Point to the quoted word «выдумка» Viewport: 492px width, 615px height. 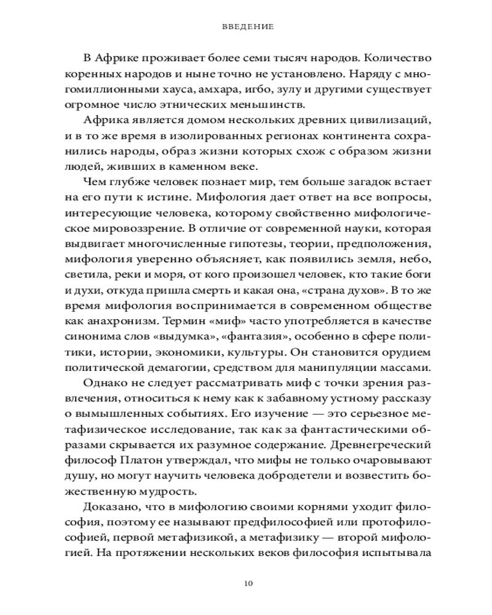(191, 338)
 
